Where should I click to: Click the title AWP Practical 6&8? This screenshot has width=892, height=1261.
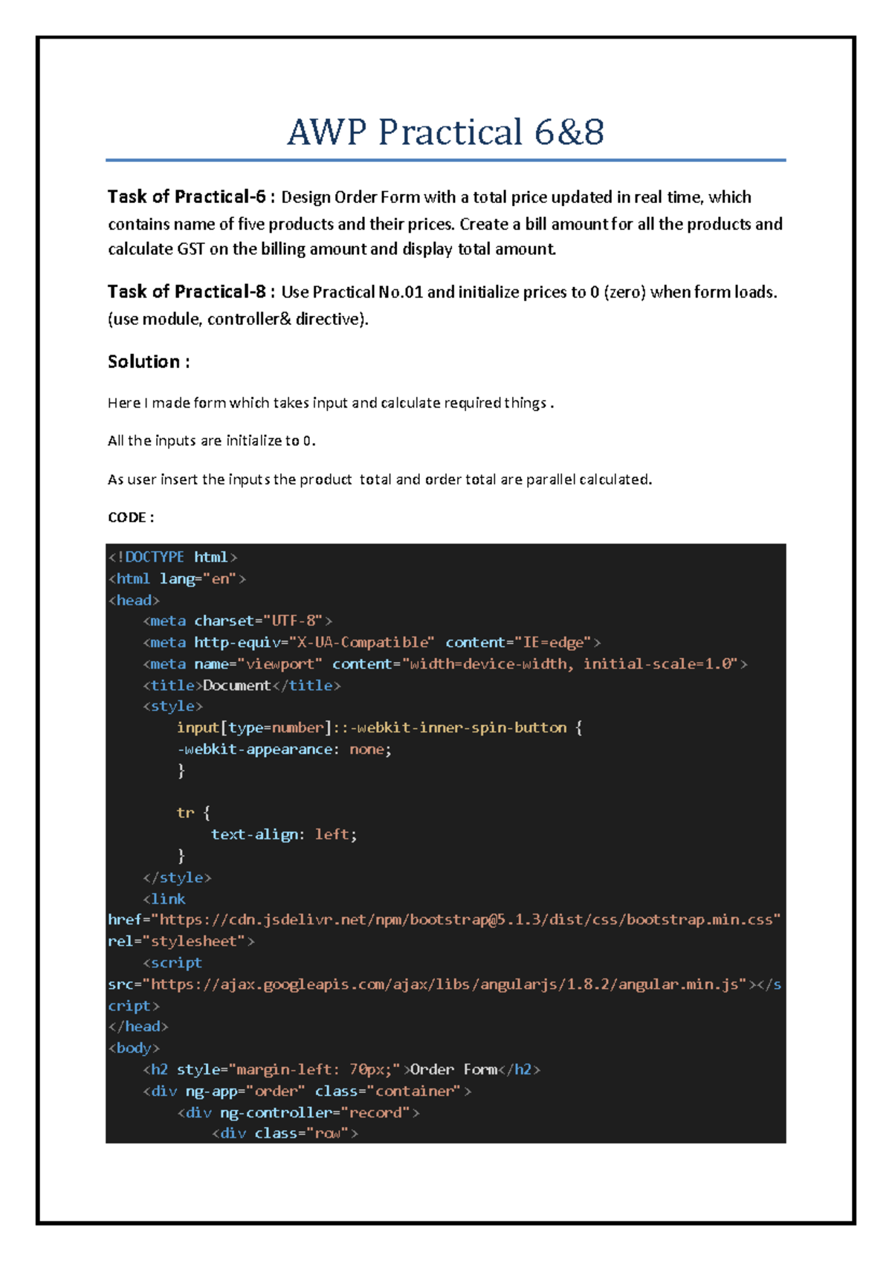coord(445,132)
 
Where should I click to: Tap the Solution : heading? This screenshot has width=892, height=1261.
coord(149,362)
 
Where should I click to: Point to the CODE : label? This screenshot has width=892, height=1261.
coord(131,517)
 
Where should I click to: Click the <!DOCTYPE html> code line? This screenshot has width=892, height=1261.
coord(172,557)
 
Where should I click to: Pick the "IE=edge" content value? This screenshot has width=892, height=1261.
coord(553,642)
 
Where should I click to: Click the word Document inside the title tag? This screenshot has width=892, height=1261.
coord(237,686)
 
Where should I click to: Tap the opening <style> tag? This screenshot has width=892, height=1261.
coord(172,706)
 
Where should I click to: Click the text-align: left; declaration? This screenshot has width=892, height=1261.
coord(284,835)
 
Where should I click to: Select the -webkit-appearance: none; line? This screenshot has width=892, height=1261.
coord(284,749)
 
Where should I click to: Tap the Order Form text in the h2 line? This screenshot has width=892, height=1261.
coord(453,1070)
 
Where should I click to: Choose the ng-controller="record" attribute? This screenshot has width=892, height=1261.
coord(316,1113)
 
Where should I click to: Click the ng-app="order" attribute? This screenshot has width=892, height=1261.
coord(245,1091)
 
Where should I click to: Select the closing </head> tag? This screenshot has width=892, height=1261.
coord(138,1027)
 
